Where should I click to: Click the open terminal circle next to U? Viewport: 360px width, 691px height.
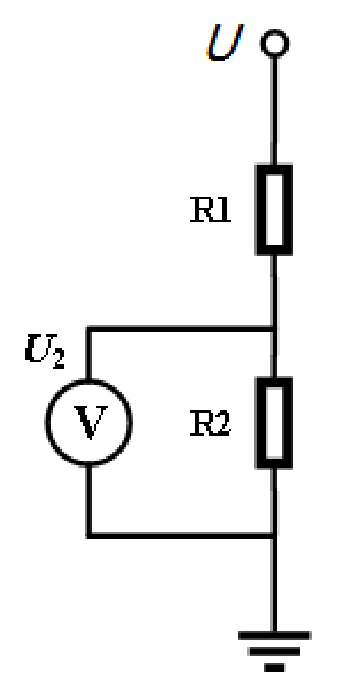coord(274,44)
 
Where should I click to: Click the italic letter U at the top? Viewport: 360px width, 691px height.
coord(225,42)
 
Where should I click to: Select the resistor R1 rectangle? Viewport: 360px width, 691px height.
coord(274,210)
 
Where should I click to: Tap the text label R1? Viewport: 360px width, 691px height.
coord(211,210)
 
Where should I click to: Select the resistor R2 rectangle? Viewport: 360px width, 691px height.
coord(274,423)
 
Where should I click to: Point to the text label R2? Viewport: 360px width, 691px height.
coord(211,423)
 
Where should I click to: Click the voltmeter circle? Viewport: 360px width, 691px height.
coord(88,422)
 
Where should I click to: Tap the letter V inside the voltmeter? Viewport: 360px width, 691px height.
coord(90,422)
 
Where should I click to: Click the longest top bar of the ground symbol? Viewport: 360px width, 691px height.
coord(274,636)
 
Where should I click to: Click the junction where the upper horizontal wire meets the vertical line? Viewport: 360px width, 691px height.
coord(274,329)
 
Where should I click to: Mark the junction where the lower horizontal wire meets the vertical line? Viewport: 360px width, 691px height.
coord(274,536)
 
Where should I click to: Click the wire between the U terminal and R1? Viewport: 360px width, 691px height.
coord(274,108)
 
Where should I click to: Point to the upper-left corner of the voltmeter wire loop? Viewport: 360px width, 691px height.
coord(89,329)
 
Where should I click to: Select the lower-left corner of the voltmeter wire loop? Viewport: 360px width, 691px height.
coord(89,536)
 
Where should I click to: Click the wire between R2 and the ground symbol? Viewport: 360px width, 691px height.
coord(274,584)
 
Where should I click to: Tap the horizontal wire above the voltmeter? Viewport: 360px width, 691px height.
coord(182,329)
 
